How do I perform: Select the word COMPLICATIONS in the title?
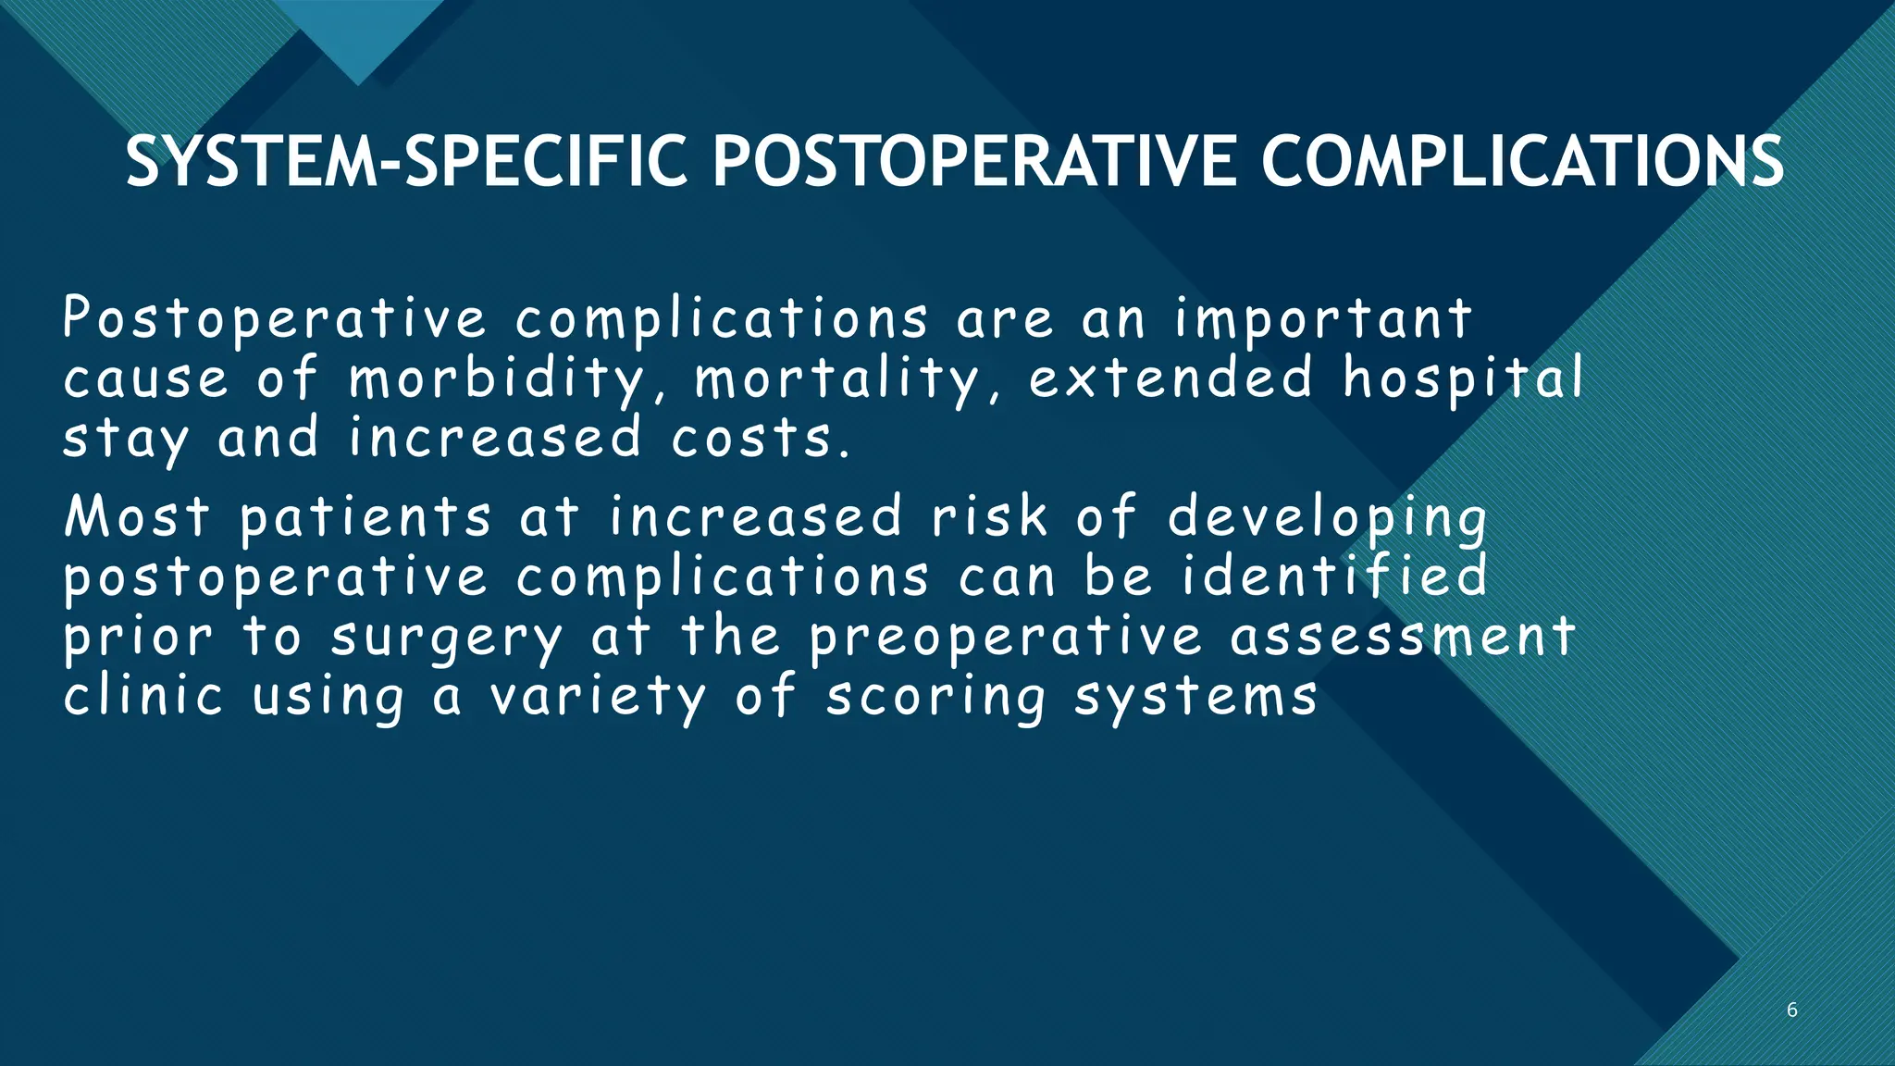click(x=1521, y=162)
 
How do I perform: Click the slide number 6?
click(x=1791, y=1010)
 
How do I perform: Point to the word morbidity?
click(x=496, y=379)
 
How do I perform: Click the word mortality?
click(x=836, y=379)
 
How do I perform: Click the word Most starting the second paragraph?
click(x=137, y=516)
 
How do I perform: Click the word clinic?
click(x=143, y=696)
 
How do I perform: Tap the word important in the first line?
click(x=1323, y=320)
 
